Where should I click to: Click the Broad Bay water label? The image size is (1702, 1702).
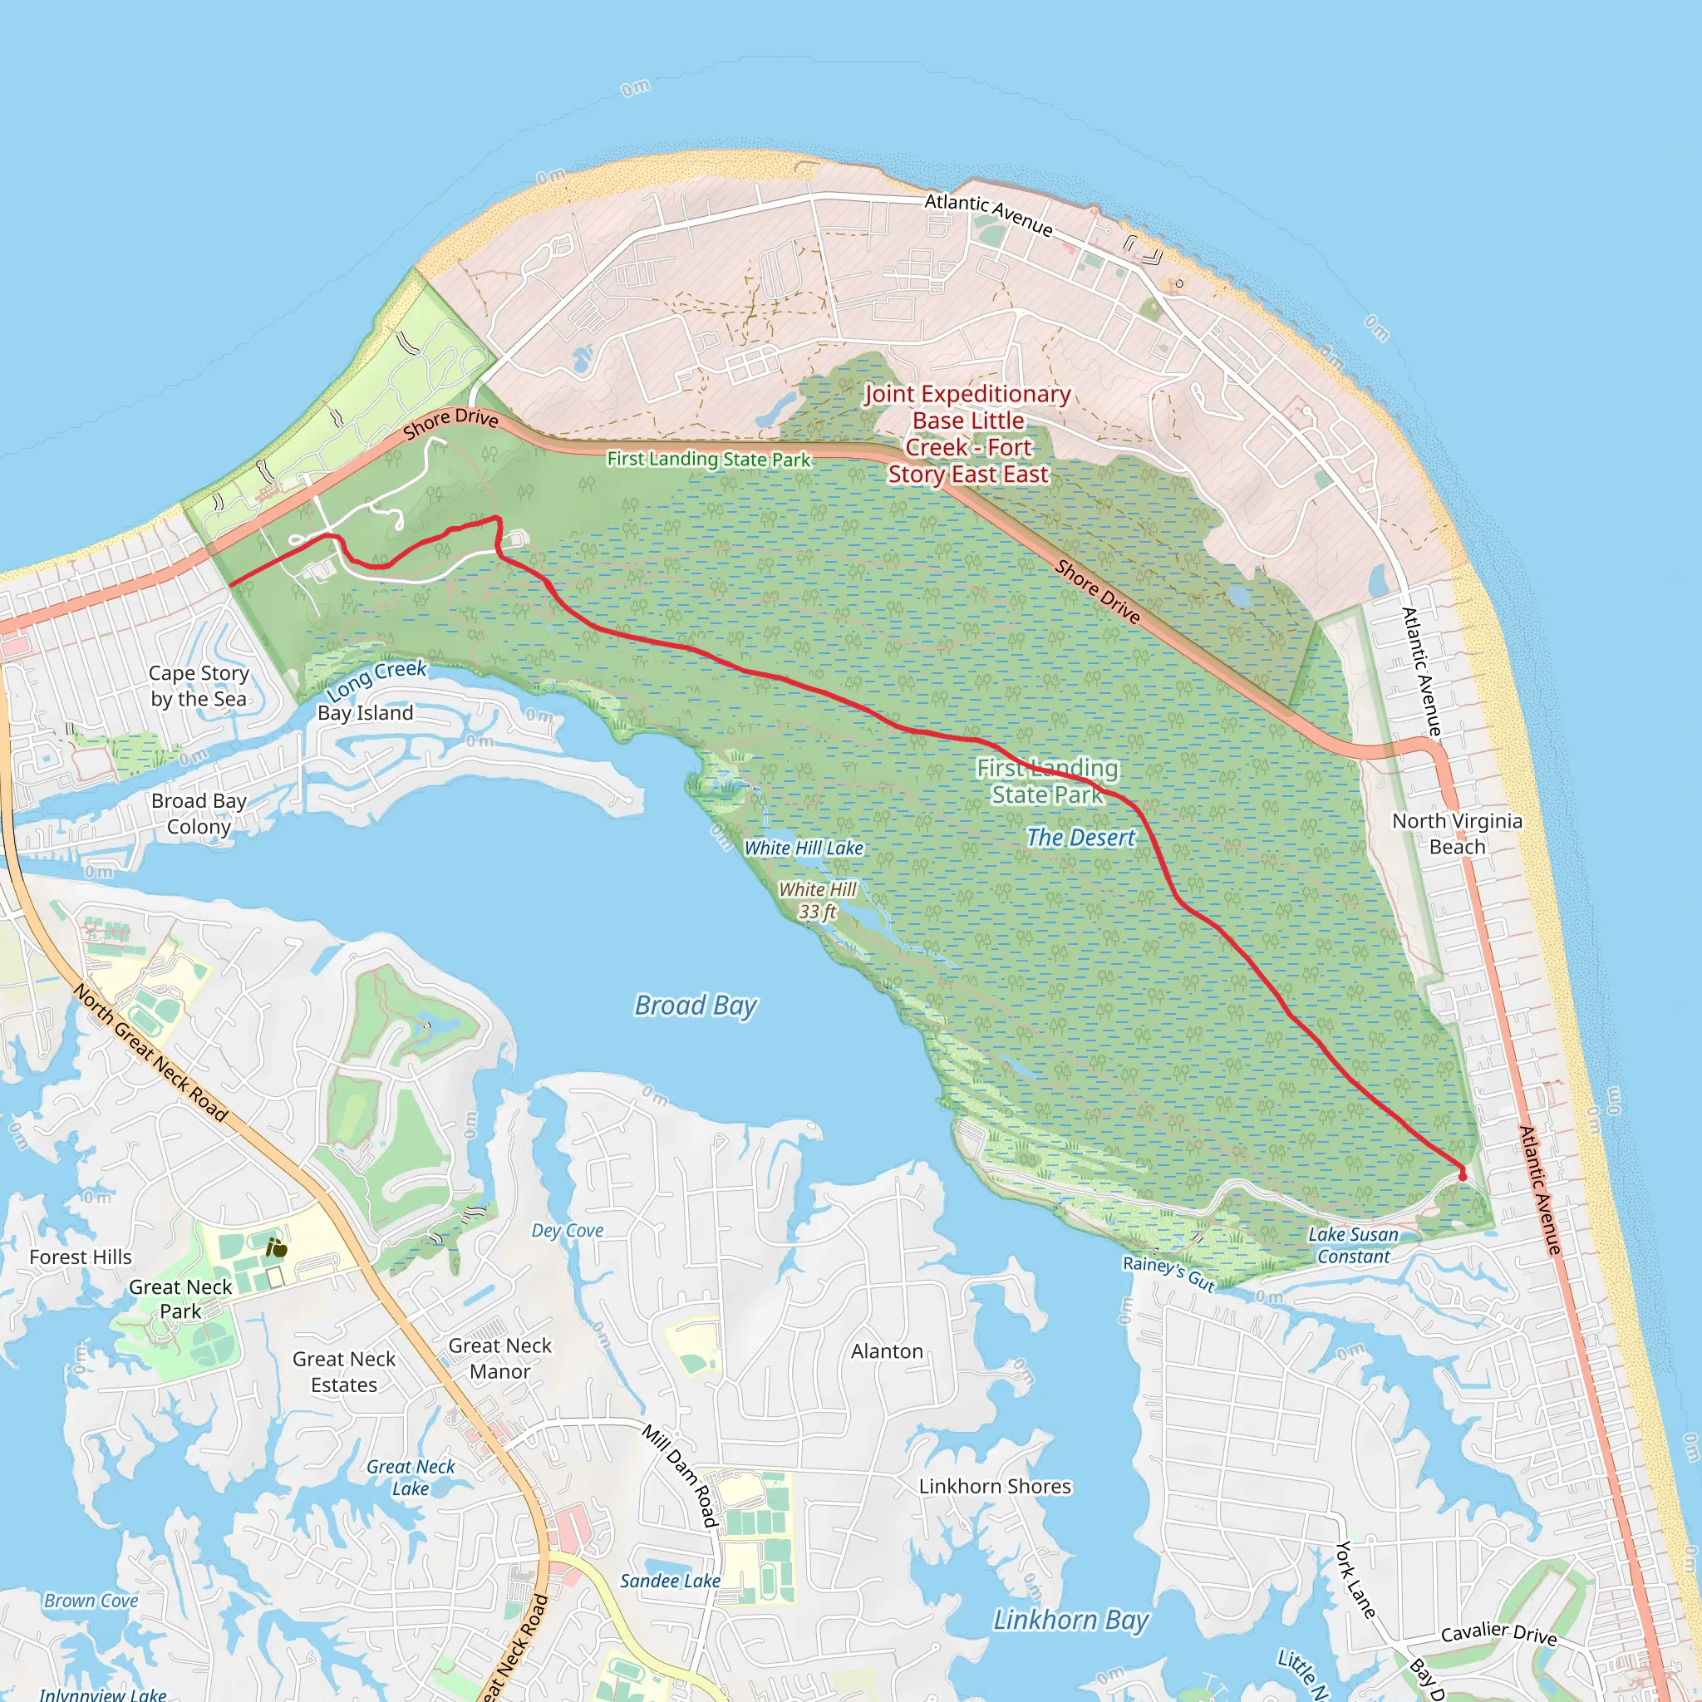click(x=695, y=1006)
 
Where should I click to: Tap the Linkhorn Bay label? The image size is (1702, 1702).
click(x=1070, y=1620)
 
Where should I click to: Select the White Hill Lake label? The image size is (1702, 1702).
click(x=804, y=848)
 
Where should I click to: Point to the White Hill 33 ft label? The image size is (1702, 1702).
click(x=818, y=900)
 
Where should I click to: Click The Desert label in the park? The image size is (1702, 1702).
click(x=1081, y=838)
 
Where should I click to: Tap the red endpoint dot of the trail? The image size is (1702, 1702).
click(x=1463, y=1175)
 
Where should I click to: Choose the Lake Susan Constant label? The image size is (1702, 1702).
click(x=1353, y=1246)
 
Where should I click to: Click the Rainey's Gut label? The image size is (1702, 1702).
click(x=1168, y=1273)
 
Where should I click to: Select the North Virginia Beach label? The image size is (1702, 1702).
click(x=1457, y=834)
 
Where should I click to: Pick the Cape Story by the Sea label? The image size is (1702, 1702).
click(x=199, y=686)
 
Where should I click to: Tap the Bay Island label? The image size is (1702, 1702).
click(x=365, y=713)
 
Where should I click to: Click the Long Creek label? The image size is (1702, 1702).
click(x=376, y=679)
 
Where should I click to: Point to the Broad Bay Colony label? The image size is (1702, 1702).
click(x=199, y=813)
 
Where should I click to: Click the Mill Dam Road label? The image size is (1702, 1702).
click(x=680, y=1476)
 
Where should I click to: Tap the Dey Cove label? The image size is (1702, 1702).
click(x=568, y=1231)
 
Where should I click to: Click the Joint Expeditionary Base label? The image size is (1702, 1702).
click(x=968, y=434)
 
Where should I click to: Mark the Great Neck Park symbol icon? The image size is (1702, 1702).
click(x=277, y=1247)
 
